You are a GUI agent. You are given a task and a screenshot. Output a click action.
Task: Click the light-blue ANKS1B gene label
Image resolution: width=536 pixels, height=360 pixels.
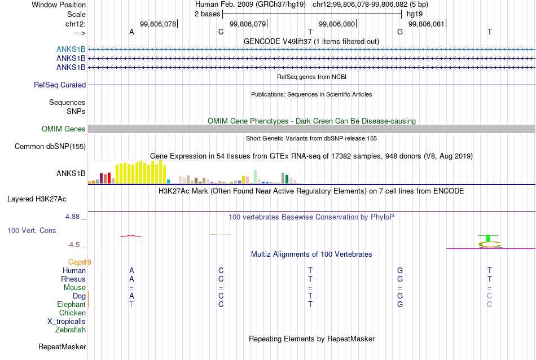coord(71,50)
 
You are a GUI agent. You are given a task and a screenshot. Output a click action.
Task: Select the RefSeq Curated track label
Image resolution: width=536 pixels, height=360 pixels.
coord(60,85)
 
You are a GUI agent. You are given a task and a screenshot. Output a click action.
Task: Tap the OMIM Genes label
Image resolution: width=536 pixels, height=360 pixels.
coord(64,129)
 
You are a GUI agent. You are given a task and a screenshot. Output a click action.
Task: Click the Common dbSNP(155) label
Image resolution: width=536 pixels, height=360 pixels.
coord(50,146)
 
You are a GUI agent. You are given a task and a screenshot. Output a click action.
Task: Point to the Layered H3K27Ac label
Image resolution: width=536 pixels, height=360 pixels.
coord(37,199)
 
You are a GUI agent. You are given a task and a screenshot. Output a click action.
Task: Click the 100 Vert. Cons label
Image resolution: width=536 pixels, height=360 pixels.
coord(32,230)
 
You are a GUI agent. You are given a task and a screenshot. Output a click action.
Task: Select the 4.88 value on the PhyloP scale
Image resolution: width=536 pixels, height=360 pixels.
coord(72,217)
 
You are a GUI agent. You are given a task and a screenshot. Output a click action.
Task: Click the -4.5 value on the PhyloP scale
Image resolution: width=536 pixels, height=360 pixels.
coord(73,245)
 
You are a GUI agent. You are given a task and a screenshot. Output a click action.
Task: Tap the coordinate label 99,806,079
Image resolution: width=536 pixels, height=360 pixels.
coord(248,24)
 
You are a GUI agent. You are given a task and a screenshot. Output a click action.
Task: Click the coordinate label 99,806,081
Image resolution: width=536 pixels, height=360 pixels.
coord(427,24)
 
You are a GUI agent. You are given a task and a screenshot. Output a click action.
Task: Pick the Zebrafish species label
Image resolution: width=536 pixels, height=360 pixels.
coord(71,330)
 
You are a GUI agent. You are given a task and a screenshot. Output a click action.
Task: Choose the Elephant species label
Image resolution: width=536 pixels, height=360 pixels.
coord(71,304)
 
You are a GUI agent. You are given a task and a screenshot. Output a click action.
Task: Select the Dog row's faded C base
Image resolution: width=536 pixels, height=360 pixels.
coord(490,296)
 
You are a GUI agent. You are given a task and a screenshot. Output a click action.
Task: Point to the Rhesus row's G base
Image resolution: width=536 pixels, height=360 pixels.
coord(400,279)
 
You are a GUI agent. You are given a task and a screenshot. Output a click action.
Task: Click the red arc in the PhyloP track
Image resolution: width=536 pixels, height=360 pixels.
coord(130,236)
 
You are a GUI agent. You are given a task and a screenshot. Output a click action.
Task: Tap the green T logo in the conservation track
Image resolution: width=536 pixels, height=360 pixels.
coord(488,238)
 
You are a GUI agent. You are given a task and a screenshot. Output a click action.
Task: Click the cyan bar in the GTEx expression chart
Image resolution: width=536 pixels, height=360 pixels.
coord(168,182)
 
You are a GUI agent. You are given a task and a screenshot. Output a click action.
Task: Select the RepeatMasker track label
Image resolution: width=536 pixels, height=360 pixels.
coord(62,346)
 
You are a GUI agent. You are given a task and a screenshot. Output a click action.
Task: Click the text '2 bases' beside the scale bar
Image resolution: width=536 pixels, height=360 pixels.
coord(208,14)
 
